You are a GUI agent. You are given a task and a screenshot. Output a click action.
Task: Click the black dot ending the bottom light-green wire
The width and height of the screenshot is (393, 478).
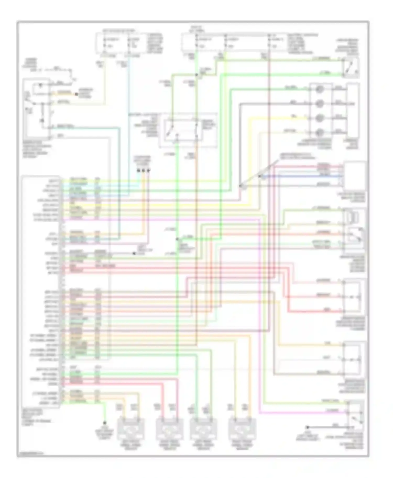coord(104,423)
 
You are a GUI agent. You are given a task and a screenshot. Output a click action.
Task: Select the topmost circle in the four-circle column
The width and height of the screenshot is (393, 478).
coord(319,89)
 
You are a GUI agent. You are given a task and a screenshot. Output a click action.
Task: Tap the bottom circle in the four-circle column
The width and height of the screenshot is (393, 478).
coord(319,133)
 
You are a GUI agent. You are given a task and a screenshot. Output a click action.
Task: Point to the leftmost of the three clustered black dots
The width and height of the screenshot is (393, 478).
coord(138,171)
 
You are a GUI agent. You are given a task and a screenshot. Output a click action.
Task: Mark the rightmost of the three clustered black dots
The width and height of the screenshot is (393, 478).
coord(149,171)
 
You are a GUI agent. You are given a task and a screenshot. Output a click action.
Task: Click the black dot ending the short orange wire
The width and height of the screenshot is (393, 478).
coord(77,94)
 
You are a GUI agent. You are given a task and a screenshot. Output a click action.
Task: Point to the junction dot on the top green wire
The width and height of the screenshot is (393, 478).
coord(196,75)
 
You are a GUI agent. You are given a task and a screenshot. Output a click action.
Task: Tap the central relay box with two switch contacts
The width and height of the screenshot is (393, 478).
coord(183,131)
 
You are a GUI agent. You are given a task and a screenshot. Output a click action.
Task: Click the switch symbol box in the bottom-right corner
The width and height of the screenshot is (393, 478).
coord(355,416)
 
